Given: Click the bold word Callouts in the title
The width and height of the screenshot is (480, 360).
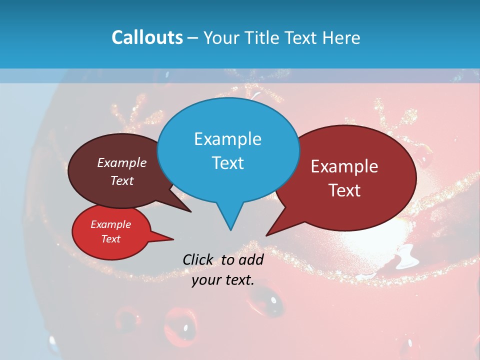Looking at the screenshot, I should point(147,37).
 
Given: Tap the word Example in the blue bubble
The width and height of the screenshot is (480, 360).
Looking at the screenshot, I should point(228,139).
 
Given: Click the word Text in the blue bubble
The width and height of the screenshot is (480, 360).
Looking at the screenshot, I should point(228,163).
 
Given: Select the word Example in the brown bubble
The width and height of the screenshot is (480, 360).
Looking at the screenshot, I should point(122,163).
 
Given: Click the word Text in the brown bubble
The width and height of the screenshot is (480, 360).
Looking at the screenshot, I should point(122,181).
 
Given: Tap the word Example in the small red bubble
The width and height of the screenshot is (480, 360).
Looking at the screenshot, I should point(111,224).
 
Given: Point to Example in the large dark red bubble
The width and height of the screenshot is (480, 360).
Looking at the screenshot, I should point(344,166).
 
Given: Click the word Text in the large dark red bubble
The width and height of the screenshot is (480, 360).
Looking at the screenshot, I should point(344,190).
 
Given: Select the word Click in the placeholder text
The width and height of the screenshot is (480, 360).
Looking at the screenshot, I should point(198,259).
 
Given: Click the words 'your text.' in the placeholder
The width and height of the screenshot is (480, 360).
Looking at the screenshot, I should point(223,280).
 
